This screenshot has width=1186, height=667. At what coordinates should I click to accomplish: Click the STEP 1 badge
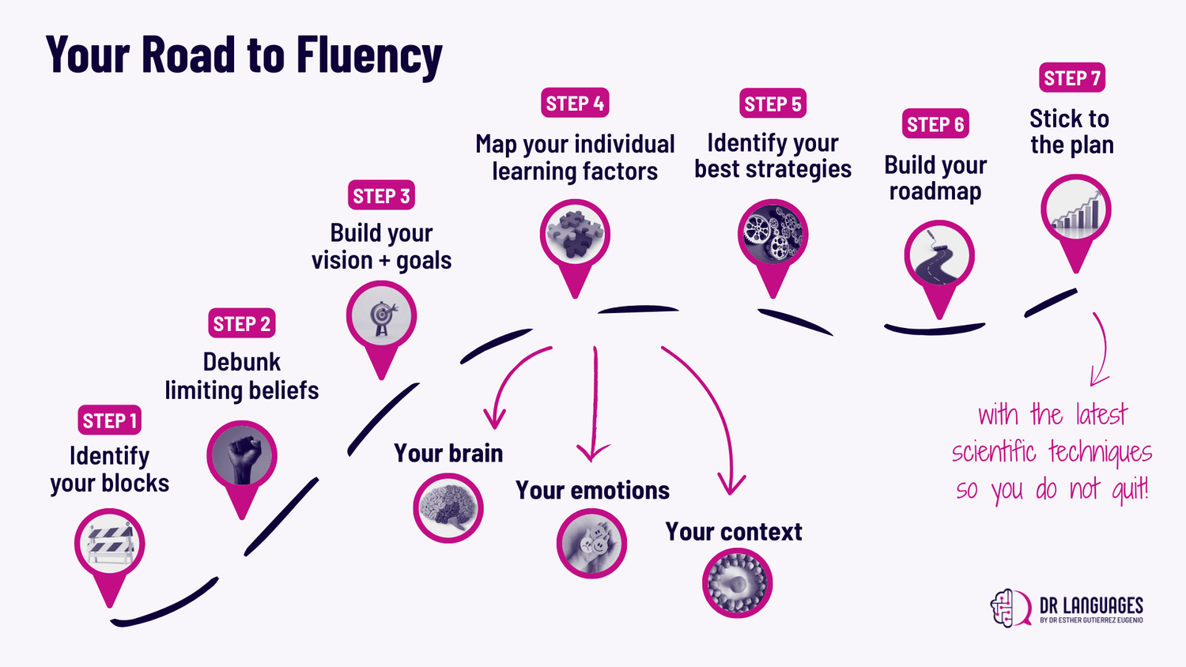[110, 420]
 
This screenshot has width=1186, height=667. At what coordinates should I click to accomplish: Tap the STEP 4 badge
[575, 104]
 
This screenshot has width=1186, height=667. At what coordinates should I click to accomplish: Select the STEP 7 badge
[1071, 78]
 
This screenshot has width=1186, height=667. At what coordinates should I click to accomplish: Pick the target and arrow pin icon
[381, 317]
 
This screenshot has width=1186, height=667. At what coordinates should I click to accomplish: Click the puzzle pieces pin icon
[575, 236]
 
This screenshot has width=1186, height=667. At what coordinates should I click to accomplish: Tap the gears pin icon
[772, 235]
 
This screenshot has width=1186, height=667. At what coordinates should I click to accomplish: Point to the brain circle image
[448, 508]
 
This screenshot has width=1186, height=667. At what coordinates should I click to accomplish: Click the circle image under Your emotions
[591, 544]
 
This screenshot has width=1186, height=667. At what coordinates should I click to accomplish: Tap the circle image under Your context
[737, 583]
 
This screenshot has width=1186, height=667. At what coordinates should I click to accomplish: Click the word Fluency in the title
[369, 55]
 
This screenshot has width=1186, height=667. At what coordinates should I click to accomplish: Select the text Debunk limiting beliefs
[242, 376]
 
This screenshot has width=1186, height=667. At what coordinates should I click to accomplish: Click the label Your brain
[448, 453]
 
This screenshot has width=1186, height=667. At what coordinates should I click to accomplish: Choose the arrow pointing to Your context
[712, 411]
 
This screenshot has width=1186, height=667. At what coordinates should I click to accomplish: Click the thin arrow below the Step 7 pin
[1101, 348]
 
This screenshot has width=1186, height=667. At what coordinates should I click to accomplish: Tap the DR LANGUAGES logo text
[1091, 606]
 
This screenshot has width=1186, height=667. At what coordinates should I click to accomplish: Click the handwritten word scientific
[994, 452]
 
